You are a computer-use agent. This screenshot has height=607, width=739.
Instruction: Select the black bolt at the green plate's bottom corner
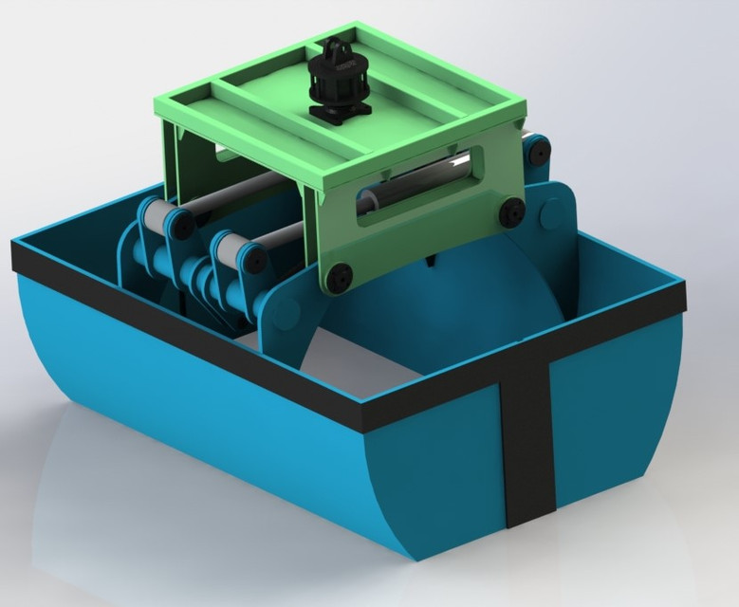[x=339, y=276]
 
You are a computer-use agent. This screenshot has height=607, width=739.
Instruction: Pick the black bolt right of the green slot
[x=511, y=211]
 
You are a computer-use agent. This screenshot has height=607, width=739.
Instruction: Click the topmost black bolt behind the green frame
[x=538, y=149]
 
